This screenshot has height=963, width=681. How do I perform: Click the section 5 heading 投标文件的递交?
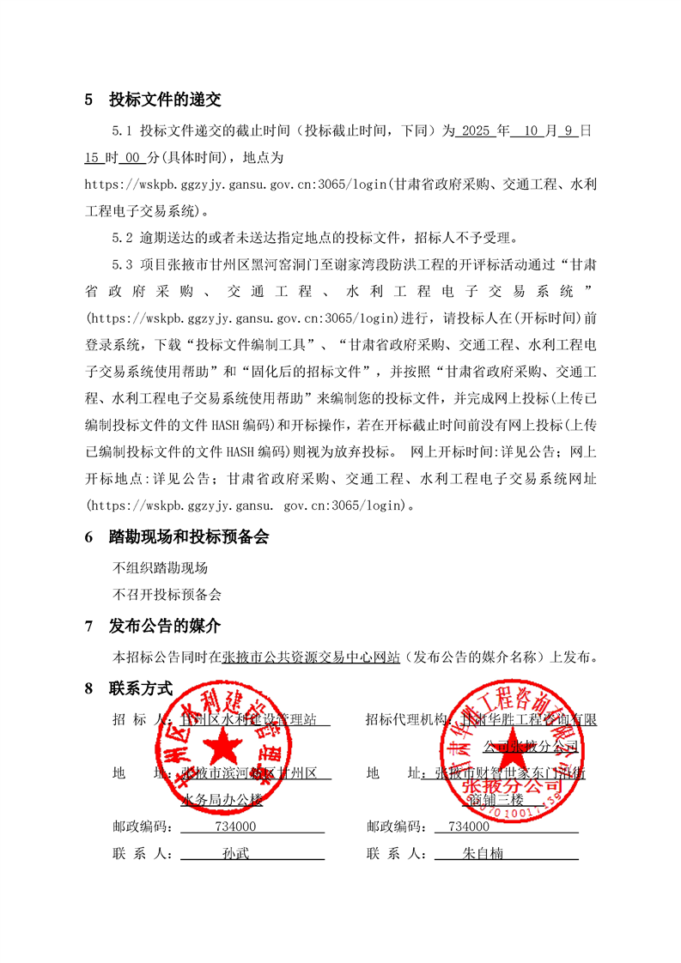(164, 100)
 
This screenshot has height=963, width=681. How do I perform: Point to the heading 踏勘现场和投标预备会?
(188, 537)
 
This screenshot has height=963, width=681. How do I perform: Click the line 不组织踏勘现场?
(161, 567)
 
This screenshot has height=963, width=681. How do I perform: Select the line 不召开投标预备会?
(167, 593)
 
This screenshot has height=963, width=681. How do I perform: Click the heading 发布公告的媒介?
(164, 627)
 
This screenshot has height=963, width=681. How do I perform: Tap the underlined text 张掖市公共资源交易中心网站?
(311, 657)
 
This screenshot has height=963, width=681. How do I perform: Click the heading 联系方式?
(141, 688)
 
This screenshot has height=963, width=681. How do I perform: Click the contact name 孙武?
(234, 854)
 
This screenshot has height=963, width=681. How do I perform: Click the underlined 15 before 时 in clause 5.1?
(93, 159)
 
